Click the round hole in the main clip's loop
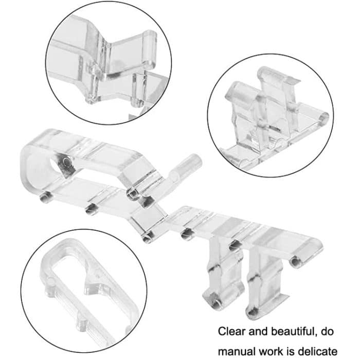coord(65,164)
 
